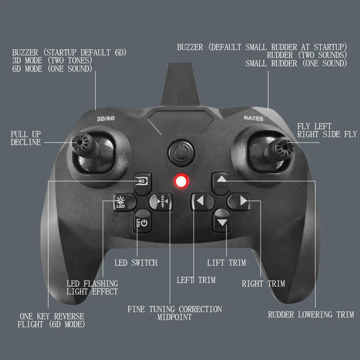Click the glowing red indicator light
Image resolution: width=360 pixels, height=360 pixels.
[181, 181]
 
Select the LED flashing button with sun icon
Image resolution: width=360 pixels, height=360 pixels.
[120, 202]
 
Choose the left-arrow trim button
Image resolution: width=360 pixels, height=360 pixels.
[200, 201]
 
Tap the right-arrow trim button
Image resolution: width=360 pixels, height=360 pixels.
[243, 201]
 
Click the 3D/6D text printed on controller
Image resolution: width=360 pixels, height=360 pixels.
[106, 118]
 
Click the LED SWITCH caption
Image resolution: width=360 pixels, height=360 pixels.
[136, 263]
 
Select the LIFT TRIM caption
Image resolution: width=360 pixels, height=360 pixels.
[226, 263]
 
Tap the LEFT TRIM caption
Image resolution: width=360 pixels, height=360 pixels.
[196, 280]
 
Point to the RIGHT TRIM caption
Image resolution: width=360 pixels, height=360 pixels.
[263, 284]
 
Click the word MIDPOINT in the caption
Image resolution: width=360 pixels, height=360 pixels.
[175, 318]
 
